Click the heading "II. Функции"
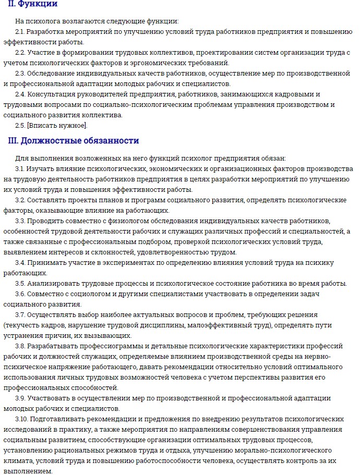click(33, 5)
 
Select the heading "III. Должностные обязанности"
click(74, 141)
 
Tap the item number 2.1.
click(20, 32)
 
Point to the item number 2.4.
click(20, 94)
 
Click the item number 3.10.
click(22, 419)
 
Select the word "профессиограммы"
click(100, 346)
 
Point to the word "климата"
click(19, 460)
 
